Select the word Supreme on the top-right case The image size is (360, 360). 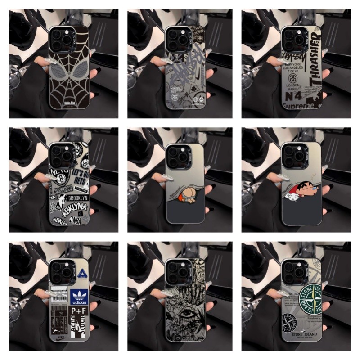(x=300, y=106)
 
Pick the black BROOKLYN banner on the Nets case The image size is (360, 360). (x=77, y=198)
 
